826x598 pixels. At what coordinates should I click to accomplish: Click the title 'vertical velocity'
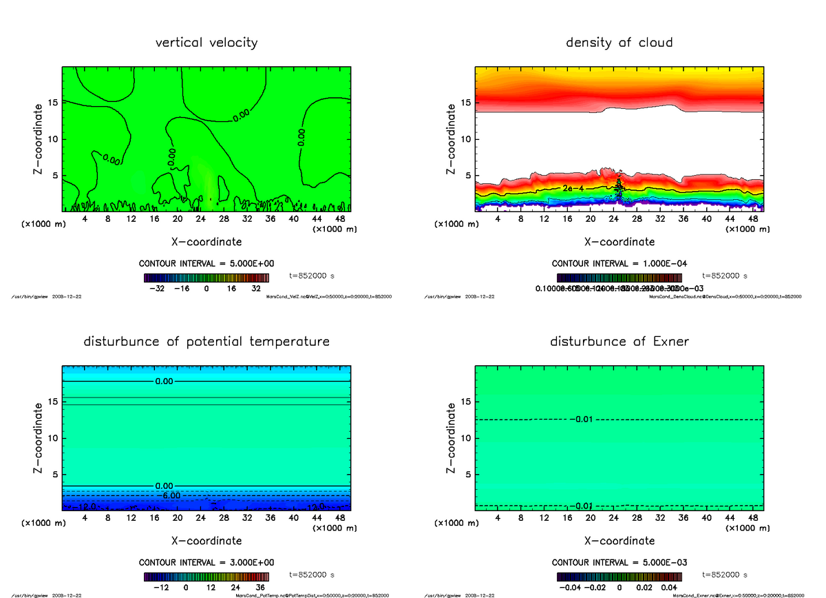point(206,43)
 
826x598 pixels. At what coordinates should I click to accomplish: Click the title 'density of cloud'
point(619,43)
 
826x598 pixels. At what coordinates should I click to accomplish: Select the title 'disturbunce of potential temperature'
point(206,342)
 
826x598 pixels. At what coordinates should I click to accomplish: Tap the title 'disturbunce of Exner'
point(619,342)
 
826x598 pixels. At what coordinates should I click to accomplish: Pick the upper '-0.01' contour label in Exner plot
point(582,420)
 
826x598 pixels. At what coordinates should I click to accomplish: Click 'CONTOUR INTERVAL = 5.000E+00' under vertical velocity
point(206,264)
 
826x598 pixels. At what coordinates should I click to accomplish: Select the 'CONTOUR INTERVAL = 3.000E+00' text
point(206,562)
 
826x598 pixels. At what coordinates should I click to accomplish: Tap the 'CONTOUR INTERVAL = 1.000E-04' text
point(619,264)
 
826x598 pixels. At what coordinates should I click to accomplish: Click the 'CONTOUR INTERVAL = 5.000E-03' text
point(619,562)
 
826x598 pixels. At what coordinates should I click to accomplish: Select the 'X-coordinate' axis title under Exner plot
point(619,541)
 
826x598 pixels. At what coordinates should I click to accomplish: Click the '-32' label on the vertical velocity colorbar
point(160,289)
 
